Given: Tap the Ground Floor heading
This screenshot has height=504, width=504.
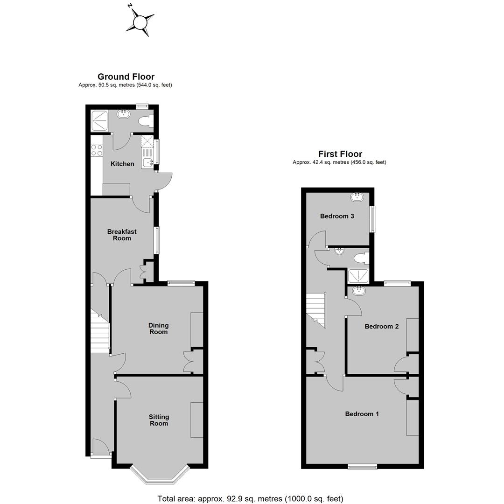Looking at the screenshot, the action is [126, 77].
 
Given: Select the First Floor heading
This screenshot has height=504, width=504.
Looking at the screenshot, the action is [340, 154].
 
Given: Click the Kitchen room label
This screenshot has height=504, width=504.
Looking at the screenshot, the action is [122, 164].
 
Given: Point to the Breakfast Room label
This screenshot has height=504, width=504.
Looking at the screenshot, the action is [122, 235].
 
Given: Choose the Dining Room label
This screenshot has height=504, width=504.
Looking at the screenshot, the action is [159, 329].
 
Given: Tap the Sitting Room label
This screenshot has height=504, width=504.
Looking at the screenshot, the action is [159, 420].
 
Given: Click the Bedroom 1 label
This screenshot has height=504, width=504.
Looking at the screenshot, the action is [362, 414].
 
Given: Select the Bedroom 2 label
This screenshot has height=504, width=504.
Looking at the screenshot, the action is [382, 327].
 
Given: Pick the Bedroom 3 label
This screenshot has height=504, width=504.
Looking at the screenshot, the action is [337, 217].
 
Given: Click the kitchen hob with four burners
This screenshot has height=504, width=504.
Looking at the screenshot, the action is [97, 150].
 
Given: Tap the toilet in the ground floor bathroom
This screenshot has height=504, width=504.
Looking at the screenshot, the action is [146, 121].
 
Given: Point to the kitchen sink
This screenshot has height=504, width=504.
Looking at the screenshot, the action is [148, 163].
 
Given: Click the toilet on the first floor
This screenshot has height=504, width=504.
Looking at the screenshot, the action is [361, 258].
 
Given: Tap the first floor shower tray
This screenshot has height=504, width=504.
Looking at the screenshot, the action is [358, 276].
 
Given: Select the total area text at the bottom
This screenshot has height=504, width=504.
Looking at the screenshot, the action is [251, 498].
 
